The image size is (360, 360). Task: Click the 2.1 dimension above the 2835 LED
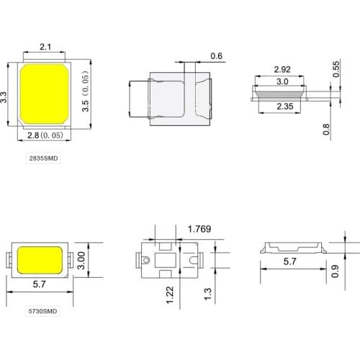(x=44, y=48)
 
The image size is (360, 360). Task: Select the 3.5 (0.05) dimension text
(x=86, y=96)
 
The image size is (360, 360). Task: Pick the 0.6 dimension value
(x=217, y=56)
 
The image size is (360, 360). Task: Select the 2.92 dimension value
(x=282, y=70)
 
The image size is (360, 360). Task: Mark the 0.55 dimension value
(x=336, y=70)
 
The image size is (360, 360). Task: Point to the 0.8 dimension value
(x=326, y=130)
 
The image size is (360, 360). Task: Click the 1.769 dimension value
(x=199, y=230)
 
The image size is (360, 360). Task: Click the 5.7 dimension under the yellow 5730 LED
(x=40, y=285)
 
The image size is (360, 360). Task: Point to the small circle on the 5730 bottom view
(x=145, y=260)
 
